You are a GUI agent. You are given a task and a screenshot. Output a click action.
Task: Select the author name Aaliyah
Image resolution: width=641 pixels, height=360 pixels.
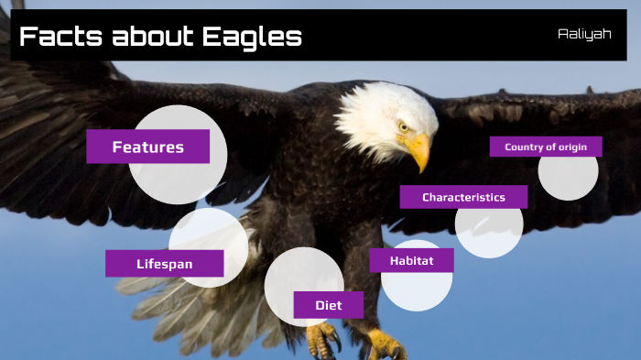coord(584,33)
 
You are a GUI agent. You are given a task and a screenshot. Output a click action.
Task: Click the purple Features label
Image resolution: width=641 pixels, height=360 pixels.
coord(147,147)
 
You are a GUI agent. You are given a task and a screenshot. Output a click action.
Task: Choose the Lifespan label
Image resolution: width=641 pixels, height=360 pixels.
coord(165,264)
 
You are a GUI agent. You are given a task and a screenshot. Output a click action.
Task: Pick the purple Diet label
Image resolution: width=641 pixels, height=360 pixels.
coord(328,305)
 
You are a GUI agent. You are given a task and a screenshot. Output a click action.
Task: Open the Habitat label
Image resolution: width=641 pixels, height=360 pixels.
coord(411,260)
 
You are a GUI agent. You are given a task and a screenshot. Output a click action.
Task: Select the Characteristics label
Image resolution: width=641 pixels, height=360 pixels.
coord(463,197)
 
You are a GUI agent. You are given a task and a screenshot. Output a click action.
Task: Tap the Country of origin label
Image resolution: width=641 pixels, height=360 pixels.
coord(546,147)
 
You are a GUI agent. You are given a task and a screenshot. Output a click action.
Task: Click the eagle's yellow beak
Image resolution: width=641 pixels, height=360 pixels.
coord(418,150)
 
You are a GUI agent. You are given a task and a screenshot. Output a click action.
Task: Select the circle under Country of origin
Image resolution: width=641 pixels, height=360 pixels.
coord(568,177)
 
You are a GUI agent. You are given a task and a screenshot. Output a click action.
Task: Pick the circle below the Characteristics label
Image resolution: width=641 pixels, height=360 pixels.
coord(489,231)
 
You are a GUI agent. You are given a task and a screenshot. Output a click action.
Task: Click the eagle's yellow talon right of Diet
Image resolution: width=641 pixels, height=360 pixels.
coord(383,345)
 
